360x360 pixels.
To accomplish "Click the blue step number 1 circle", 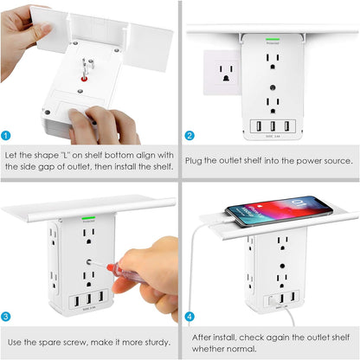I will tap(7, 136).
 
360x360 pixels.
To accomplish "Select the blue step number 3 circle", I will tap(7, 317).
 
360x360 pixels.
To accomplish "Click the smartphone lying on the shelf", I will tap(279, 211).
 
